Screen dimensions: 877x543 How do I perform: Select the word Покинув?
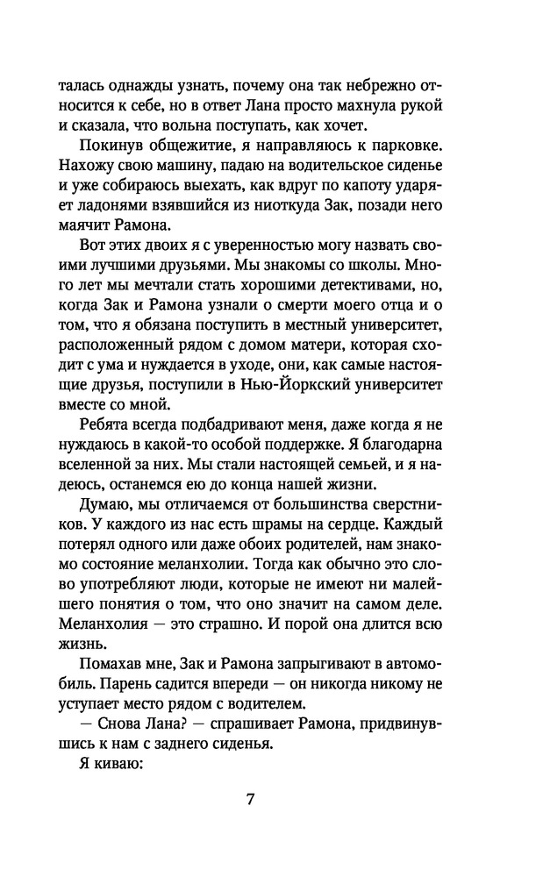coord(110,144)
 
